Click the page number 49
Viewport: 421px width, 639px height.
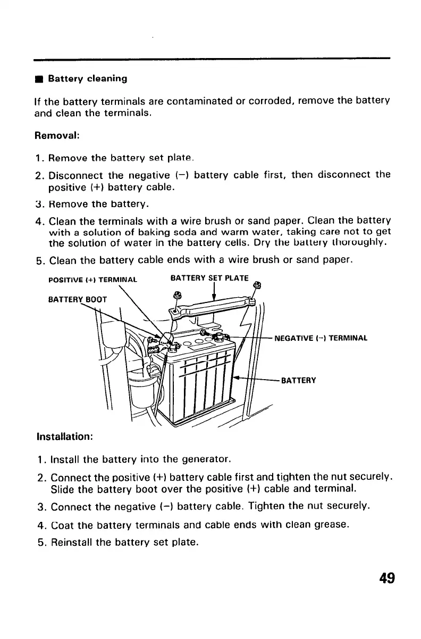click(387, 577)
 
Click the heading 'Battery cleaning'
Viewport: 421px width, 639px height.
click(88, 79)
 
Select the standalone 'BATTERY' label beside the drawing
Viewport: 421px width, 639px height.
click(299, 380)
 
